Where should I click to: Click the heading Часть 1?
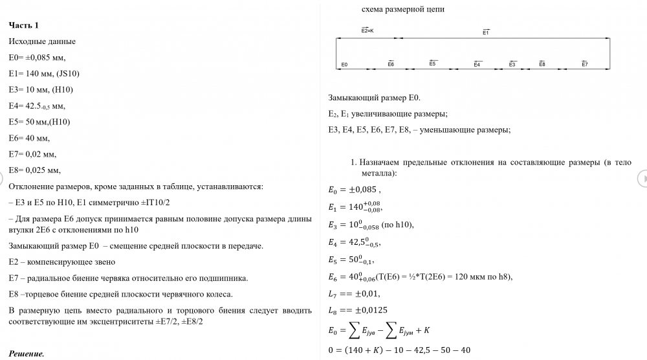click(24, 25)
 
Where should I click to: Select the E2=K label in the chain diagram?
click(367, 30)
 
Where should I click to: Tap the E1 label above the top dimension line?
click(486, 32)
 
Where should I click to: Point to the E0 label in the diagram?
click(344, 65)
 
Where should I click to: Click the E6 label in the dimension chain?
click(391, 64)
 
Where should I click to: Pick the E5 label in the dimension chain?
click(432, 63)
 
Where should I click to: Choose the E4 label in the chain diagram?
click(477, 64)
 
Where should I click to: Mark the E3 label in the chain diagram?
click(512, 64)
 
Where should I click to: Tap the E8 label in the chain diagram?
click(542, 64)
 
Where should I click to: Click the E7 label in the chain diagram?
click(584, 64)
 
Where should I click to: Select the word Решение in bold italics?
click(27, 354)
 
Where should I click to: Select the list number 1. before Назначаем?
click(353, 163)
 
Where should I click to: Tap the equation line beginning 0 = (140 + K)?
click(400, 350)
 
